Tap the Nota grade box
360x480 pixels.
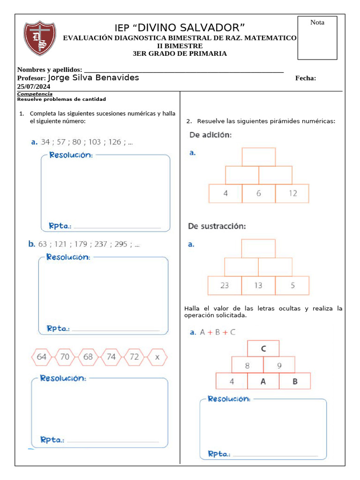pos(317,37)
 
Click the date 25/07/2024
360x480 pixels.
pos(34,87)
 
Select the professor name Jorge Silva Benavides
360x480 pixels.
pos(93,78)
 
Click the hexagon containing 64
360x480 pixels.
pos(42,357)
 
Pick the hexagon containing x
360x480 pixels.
pos(157,357)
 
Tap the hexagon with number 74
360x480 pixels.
pos(111,357)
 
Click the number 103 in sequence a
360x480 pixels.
pos(95,142)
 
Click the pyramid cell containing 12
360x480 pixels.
pos(292,193)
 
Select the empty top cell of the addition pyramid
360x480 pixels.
pos(259,157)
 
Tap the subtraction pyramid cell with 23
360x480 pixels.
pos(225,285)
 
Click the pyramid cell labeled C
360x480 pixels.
pos(263,348)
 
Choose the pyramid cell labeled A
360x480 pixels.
pos(263,381)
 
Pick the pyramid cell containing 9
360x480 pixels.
pos(279,365)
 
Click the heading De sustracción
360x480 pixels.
pos(217,226)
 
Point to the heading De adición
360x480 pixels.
pos(210,135)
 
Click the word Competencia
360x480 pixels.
pos(35,94)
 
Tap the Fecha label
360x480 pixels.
pos(305,78)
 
